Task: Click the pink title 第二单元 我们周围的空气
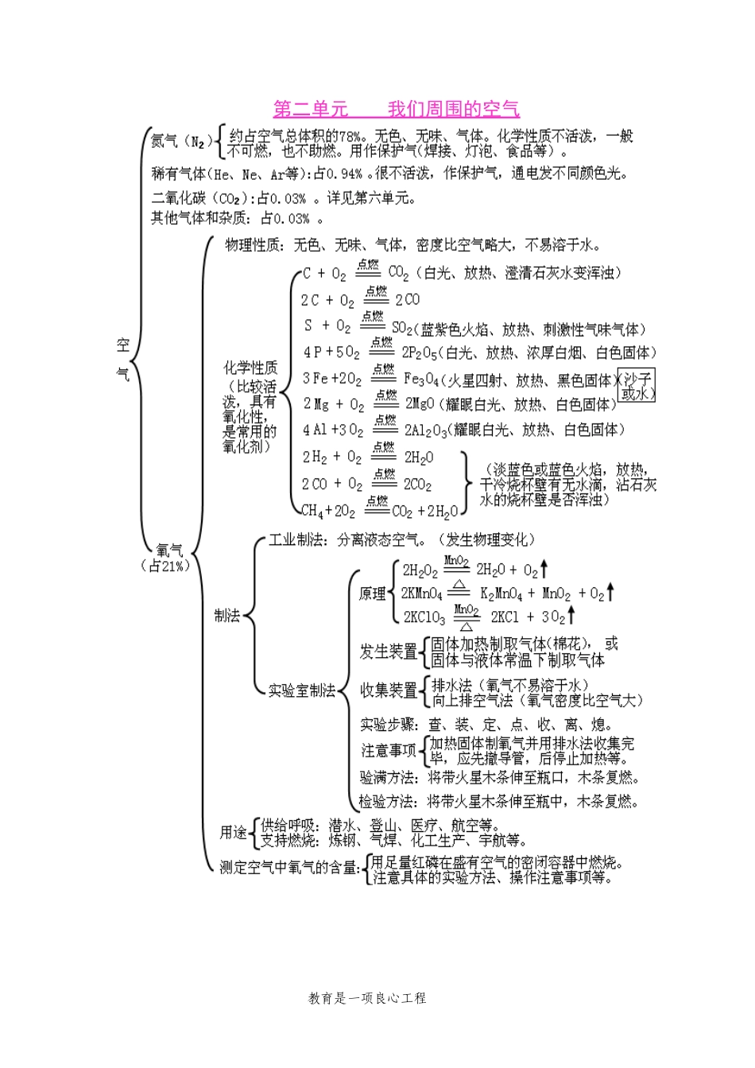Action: click(x=396, y=109)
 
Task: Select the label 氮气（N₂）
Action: click(x=182, y=141)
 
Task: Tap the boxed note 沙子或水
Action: click(x=637, y=385)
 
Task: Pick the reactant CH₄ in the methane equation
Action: click(x=312, y=510)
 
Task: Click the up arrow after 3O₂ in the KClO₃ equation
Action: click(x=571, y=616)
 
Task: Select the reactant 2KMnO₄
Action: click(x=422, y=594)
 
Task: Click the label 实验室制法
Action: click(x=301, y=691)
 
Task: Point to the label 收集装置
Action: click(x=389, y=691)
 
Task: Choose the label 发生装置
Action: click(x=389, y=652)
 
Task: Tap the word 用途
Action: click(x=233, y=832)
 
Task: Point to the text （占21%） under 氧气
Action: click(x=166, y=566)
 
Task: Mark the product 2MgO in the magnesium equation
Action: click(x=419, y=404)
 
